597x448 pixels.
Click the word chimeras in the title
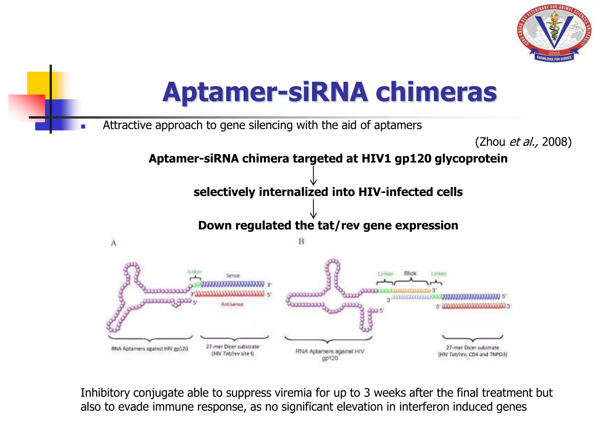pos(436,92)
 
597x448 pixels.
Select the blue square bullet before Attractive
pos(83,127)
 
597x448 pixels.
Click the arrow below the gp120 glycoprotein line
pos(313,176)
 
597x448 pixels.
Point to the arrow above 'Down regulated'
pos(313,209)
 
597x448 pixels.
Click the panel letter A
pos(114,243)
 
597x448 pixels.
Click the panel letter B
pos(301,242)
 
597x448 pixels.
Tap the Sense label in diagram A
pos(233,275)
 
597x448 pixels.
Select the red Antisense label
pos(232,304)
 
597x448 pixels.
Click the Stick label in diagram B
pos(410,273)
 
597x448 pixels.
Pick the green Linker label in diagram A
pos(194,272)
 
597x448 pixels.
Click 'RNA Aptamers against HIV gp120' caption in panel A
pos(150,349)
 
